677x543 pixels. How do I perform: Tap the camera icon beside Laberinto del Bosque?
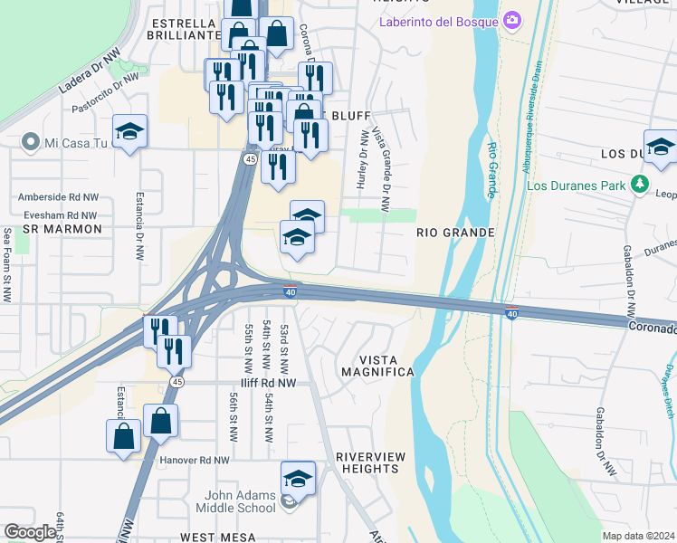[x=512, y=20]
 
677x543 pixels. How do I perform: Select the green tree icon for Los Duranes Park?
[x=640, y=186]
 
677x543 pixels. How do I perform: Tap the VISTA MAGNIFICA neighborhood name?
[x=375, y=366]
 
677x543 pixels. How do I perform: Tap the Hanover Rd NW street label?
[x=194, y=460]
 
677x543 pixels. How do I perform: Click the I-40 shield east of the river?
[x=511, y=313]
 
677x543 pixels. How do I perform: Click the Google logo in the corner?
[x=29, y=532]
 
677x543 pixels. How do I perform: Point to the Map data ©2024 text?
[x=637, y=536]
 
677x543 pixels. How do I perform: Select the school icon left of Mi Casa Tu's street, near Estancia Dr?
[x=129, y=131]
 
